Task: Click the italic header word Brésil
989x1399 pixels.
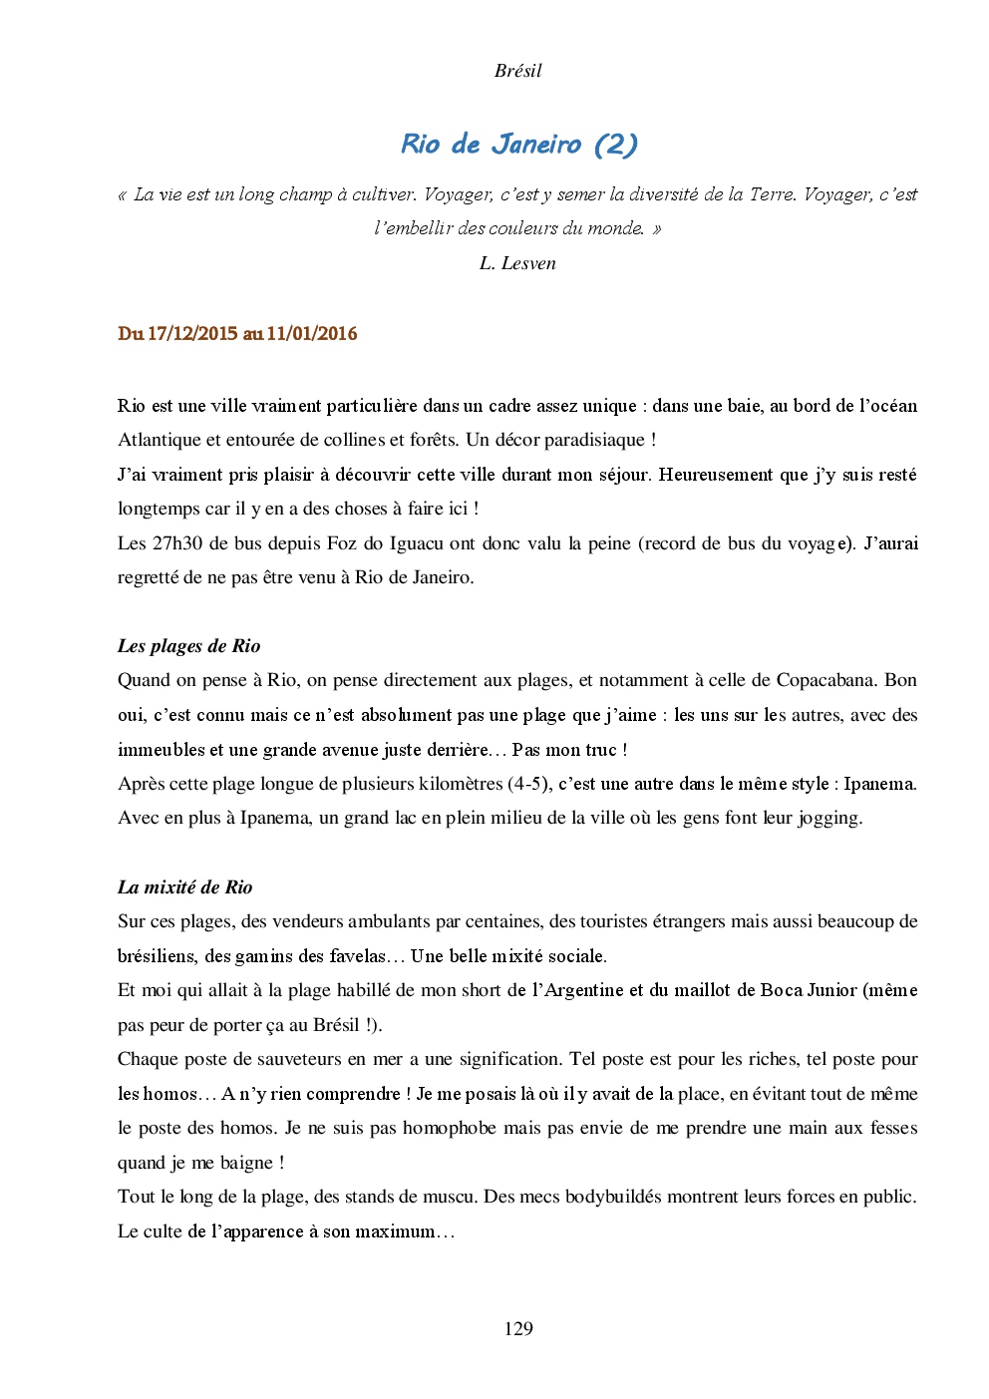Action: tap(517, 71)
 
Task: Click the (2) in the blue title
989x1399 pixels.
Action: tap(615, 145)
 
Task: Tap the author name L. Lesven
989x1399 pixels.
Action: tap(517, 263)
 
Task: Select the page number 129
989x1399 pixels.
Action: tap(518, 1328)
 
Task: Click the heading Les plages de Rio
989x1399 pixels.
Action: tap(188, 646)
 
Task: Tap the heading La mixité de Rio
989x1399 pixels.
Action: tap(184, 887)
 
